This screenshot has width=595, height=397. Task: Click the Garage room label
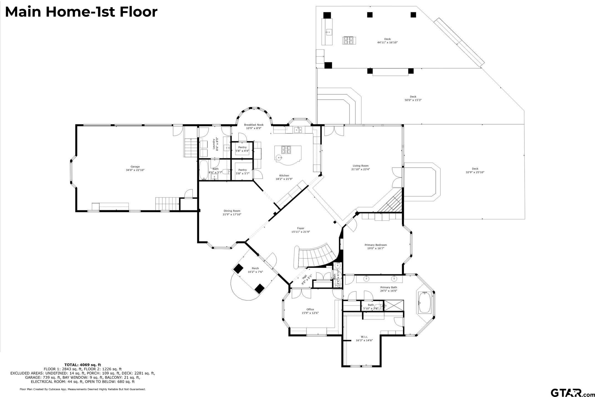(x=135, y=167)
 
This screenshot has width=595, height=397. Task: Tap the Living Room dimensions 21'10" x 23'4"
(x=360, y=169)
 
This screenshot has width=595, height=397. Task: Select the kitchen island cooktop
(x=286, y=150)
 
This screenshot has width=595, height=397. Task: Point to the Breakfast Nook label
(x=253, y=125)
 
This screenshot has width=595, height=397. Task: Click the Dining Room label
(x=232, y=211)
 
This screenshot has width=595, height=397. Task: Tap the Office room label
(x=310, y=309)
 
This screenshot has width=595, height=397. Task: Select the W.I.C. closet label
(x=364, y=337)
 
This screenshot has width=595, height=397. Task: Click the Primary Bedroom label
(x=376, y=245)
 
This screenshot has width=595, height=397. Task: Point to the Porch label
(x=255, y=268)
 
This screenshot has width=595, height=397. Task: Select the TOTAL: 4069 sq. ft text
(x=83, y=365)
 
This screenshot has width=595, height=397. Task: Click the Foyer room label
(x=300, y=228)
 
